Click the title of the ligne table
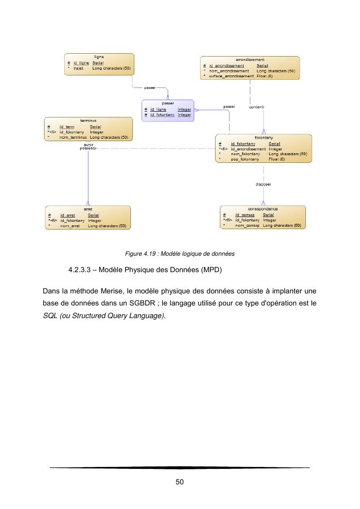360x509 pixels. click(99, 57)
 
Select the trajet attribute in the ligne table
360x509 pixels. click(78, 69)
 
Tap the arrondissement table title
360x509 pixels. click(250, 59)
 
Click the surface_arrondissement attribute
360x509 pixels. click(231, 76)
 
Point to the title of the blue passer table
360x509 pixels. click(168, 103)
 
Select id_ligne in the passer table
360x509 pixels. click(158, 110)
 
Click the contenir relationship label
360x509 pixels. click(256, 107)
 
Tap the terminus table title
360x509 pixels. click(88, 120)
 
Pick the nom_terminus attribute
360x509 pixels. click(73, 137)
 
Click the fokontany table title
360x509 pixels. click(263, 138)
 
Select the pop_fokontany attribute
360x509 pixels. click(245, 159)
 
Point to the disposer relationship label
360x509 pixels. click(263, 184)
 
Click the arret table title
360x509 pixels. click(88, 209)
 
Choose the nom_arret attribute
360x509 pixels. click(70, 226)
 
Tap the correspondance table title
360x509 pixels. click(263, 209)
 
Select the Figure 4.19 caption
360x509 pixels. click(180, 253)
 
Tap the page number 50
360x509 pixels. click(180, 482)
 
